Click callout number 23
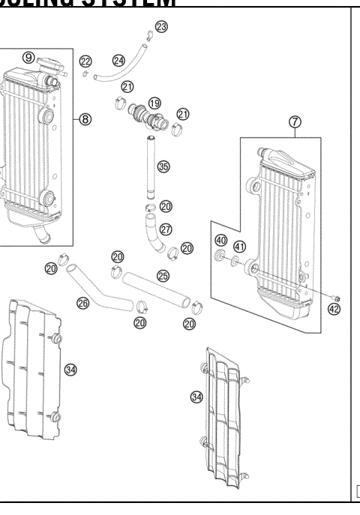pyautogui.click(x=161, y=28)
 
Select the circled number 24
pyautogui.click(x=118, y=59)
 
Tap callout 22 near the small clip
pyautogui.click(x=85, y=61)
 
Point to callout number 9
pyautogui.click(x=28, y=58)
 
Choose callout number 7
pyautogui.click(x=295, y=121)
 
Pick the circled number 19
pyautogui.click(x=154, y=103)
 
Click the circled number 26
pyautogui.click(x=83, y=304)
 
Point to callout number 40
pyautogui.click(x=220, y=241)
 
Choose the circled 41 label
pyautogui.click(x=239, y=246)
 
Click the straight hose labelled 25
pyautogui.click(x=154, y=289)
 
